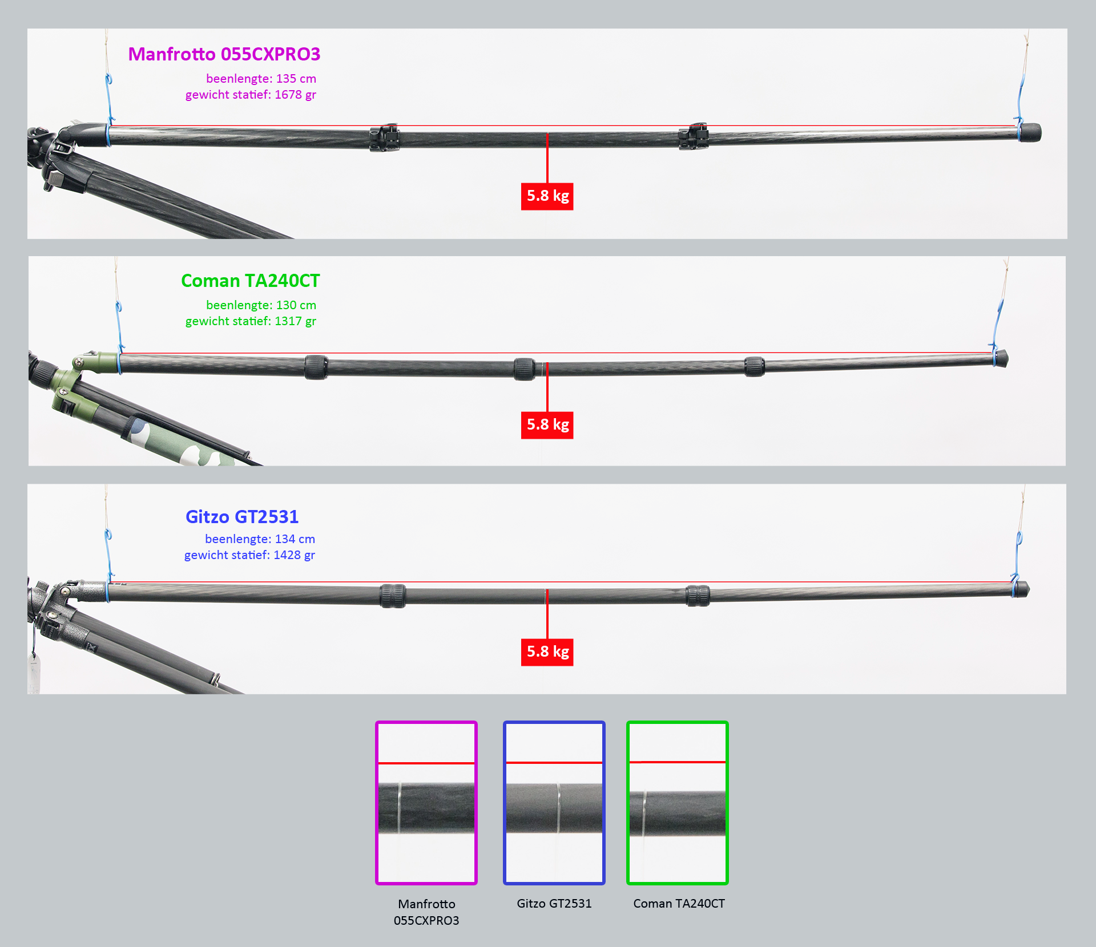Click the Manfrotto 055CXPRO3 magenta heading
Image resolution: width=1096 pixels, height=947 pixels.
[224, 54]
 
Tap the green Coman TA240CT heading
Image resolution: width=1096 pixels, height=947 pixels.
[251, 281]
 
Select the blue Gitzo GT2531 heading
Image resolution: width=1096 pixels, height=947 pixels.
[242, 517]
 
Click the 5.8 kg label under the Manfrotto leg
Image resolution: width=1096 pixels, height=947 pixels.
[547, 196]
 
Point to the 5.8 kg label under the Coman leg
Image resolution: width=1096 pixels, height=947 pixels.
[547, 425]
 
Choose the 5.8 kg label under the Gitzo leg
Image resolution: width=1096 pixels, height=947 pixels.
[547, 652]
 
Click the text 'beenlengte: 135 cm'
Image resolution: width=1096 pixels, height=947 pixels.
[261, 79]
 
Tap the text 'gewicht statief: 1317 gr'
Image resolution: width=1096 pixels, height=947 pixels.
[251, 321]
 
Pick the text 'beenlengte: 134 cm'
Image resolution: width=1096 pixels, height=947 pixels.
[260, 539]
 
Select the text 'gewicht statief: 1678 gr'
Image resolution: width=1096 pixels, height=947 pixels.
[251, 95]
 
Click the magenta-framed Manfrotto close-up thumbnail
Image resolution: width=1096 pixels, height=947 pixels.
[426, 803]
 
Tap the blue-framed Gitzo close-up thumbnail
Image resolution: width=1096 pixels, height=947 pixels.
[554, 803]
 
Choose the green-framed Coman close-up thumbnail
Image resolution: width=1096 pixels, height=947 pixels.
[678, 803]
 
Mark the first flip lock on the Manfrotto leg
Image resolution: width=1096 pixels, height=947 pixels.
[384, 137]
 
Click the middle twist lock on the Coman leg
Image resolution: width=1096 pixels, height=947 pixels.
[525, 369]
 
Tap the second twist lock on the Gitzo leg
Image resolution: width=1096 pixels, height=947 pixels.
[698, 596]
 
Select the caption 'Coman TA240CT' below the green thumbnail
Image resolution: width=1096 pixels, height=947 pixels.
[679, 904]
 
